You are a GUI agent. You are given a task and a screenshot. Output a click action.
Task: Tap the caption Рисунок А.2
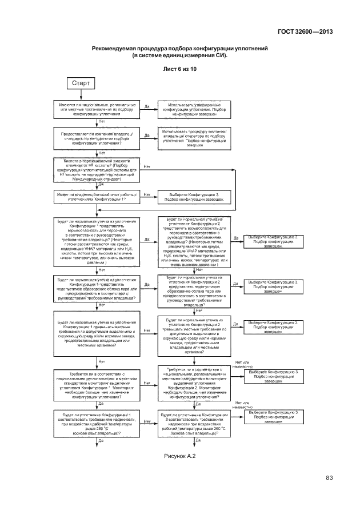click(x=180, y=456)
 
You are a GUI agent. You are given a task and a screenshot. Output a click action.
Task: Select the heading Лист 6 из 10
click(x=180, y=69)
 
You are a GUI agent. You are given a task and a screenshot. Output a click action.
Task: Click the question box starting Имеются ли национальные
click(x=98, y=109)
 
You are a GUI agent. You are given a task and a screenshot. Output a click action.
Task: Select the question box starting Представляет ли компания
click(x=98, y=138)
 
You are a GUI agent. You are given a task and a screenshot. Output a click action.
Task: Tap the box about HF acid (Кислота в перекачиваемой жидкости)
click(x=98, y=170)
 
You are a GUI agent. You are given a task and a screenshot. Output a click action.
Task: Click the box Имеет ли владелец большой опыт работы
click(x=98, y=197)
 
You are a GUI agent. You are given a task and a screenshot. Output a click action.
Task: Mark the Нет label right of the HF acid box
click(x=147, y=167)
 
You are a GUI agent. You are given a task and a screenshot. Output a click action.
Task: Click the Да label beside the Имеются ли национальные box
click(x=147, y=106)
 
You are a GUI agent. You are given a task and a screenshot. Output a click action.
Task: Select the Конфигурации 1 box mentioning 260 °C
click(x=98, y=423)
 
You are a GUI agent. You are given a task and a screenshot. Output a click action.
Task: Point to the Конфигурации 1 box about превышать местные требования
click(x=98, y=334)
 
